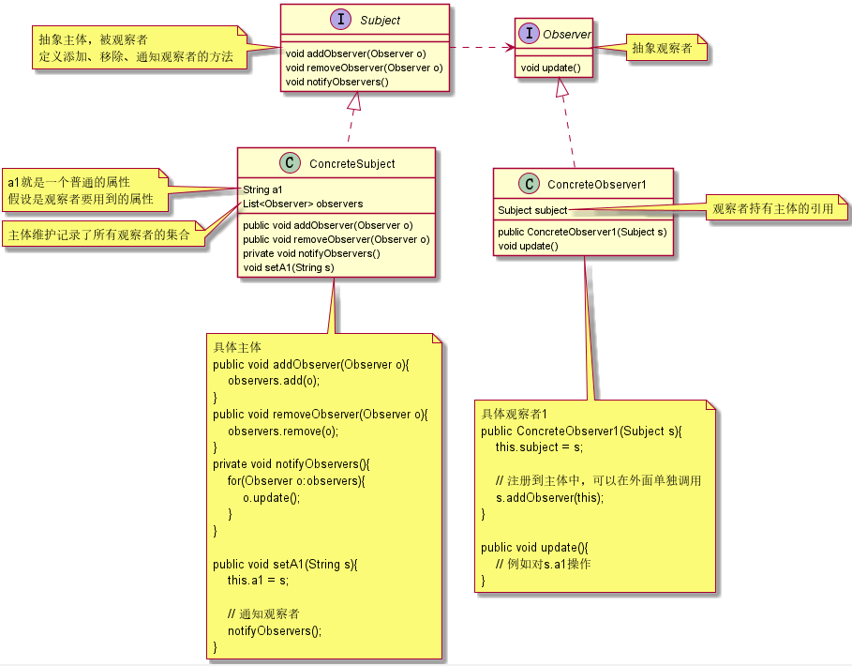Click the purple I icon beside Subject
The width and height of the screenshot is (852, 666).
point(344,20)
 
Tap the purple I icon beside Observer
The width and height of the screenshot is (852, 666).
point(530,34)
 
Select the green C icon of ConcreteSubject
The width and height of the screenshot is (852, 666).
point(291,163)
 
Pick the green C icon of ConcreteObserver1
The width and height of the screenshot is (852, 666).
point(530,184)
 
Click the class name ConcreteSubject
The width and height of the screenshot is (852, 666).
point(351,164)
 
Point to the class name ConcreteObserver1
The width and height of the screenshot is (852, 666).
point(597,185)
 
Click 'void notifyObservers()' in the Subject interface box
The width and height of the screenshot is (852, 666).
point(336,82)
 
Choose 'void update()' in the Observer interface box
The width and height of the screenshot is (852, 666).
point(550,68)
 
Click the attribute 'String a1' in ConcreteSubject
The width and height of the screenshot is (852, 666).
point(262,189)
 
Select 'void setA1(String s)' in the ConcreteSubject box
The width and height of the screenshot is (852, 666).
point(288,266)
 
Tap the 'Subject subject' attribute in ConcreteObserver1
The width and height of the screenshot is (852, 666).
point(532,210)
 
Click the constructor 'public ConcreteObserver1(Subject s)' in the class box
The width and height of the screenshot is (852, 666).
point(582,232)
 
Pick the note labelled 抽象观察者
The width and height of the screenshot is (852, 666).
point(663,48)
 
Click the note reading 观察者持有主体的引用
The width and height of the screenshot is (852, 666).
point(773,208)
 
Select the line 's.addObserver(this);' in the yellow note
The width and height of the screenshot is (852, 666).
point(549,497)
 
